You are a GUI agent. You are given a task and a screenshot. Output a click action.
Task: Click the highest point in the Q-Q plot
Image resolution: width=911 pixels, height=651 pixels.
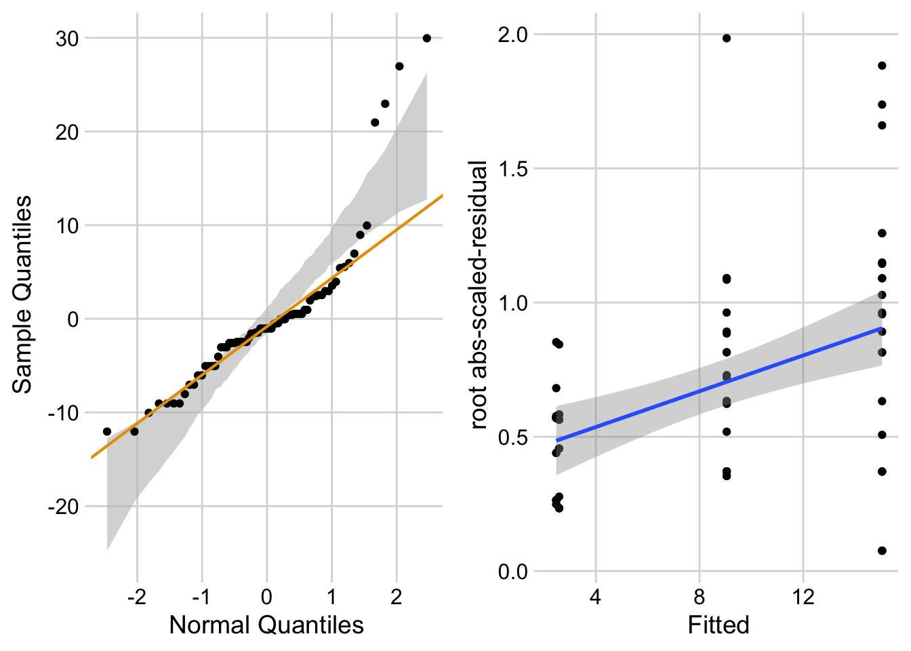coord(426,38)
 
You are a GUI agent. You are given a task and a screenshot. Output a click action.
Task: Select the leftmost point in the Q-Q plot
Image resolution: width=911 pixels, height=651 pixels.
coord(107,431)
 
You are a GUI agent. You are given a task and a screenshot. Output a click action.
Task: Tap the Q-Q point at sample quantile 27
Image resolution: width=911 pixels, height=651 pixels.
coord(399,66)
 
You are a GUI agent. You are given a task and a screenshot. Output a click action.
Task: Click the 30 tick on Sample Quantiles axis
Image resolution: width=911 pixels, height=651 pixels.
coord(67,39)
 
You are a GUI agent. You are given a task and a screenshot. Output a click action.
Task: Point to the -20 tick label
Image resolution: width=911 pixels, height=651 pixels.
coord(63,507)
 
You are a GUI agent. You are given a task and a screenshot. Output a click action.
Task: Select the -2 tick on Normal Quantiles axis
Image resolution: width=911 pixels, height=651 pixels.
coord(137,597)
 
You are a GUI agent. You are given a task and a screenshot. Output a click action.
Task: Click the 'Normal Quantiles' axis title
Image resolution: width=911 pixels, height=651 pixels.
coord(266,625)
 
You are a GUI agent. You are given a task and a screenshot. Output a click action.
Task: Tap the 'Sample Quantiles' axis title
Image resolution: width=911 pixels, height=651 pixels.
coord(22,294)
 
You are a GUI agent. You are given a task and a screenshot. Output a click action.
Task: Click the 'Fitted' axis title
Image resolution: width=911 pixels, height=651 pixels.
coord(718,625)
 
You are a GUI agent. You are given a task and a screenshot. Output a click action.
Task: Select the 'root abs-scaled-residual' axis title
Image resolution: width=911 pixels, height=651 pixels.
coord(479,295)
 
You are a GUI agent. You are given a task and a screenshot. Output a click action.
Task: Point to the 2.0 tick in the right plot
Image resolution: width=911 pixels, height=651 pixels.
coord(513,35)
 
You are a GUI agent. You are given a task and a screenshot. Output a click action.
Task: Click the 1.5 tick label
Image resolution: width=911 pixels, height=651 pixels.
coord(513,169)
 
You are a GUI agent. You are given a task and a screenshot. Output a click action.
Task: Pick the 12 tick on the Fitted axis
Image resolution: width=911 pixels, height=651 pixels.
coord(803,597)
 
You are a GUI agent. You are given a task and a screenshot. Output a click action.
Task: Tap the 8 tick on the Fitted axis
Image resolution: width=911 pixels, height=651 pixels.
coord(700,597)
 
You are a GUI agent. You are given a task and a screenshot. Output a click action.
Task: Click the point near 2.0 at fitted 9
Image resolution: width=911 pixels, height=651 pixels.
coord(727,38)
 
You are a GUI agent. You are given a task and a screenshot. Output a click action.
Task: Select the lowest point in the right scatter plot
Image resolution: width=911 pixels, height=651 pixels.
coord(882,551)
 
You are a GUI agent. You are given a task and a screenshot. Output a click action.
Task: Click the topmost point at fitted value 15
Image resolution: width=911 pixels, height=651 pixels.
coord(882,66)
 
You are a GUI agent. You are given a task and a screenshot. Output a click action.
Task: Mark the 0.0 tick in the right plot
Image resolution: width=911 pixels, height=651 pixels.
coord(513,572)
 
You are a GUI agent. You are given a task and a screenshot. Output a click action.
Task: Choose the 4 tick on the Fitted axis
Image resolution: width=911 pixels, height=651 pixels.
coord(596,597)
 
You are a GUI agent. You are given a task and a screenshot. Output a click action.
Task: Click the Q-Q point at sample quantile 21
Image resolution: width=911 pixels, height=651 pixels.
coord(375,123)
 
